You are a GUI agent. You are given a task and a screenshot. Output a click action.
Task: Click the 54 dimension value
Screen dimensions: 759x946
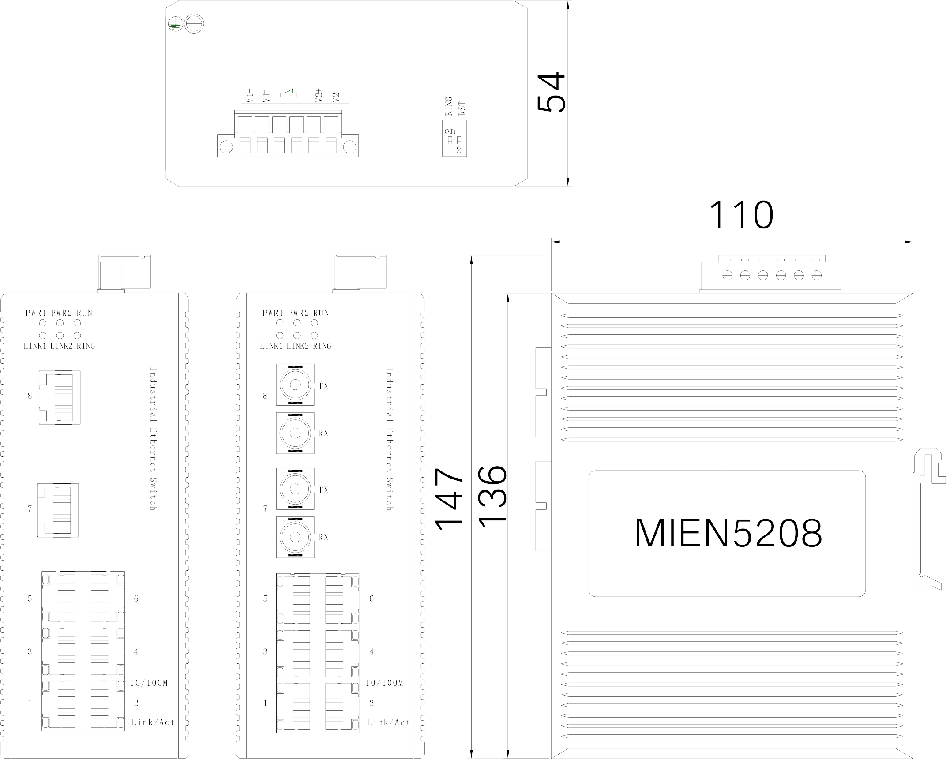(552, 93)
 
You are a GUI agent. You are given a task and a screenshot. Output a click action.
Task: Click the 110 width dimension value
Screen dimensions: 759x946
(741, 216)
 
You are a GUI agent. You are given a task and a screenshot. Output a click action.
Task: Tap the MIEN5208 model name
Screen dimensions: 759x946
(728, 533)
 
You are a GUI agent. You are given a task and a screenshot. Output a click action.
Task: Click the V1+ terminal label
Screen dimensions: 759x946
(250, 96)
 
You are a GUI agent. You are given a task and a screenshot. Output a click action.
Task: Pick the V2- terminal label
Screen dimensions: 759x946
(337, 96)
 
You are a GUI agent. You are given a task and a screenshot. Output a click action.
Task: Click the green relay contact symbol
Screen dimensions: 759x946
(289, 93)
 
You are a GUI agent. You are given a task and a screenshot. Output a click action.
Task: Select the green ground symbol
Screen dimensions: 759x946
(175, 24)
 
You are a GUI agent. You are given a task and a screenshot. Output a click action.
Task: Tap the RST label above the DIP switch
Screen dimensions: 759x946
(462, 108)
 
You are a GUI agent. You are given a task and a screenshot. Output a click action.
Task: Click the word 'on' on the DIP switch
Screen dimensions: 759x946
(450, 131)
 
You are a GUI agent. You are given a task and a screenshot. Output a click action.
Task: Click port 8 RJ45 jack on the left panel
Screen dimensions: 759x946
(60, 397)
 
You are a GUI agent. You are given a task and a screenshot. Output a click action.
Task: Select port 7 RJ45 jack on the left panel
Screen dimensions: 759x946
(58, 510)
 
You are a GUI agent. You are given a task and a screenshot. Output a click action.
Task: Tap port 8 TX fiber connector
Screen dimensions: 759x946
(295, 385)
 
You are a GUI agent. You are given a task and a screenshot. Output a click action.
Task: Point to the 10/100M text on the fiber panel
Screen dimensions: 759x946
(384, 683)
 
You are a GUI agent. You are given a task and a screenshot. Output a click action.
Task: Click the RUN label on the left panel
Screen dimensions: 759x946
(84, 313)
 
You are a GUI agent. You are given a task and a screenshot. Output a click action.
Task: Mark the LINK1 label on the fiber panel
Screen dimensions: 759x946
(271, 346)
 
